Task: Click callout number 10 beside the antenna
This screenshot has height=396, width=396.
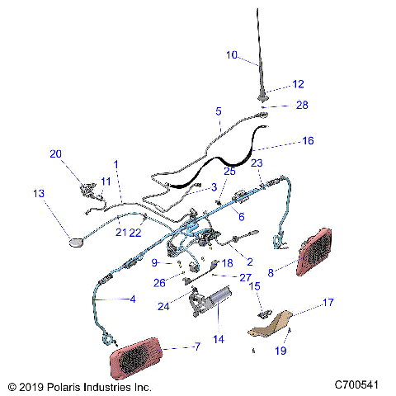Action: click(x=232, y=55)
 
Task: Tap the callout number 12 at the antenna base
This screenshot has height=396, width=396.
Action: click(x=298, y=84)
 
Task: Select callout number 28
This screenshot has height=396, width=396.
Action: click(x=302, y=106)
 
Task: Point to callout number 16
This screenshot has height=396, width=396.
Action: click(x=308, y=141)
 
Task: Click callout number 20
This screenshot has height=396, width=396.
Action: click(x=55, y=153)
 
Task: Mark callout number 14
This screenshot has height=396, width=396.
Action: click(x=219, y=338)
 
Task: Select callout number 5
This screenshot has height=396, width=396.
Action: click(x=219, y=111)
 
